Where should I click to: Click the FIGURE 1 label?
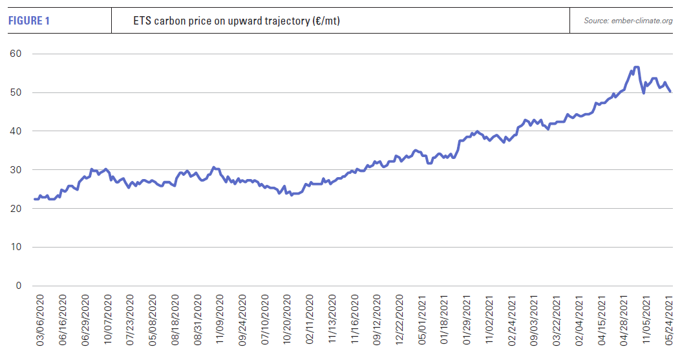click(x=29, y=21)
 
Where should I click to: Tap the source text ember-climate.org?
click(x=628, y=21)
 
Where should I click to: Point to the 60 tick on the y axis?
click(x=15, y=54)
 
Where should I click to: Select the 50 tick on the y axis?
click(x=15, y=92)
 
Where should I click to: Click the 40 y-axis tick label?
click(x=15, y=131)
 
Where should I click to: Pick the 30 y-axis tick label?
click(x=15, y=170)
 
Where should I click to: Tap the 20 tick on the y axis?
click(x=15, y=209)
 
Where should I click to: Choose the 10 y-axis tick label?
click(x=15, y=248)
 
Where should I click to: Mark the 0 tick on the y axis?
click(x=17, y=286)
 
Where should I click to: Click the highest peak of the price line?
click(x=636, y=67)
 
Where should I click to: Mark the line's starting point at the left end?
click(x=34, y=199)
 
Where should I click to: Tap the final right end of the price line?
click(x=670, y=92)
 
